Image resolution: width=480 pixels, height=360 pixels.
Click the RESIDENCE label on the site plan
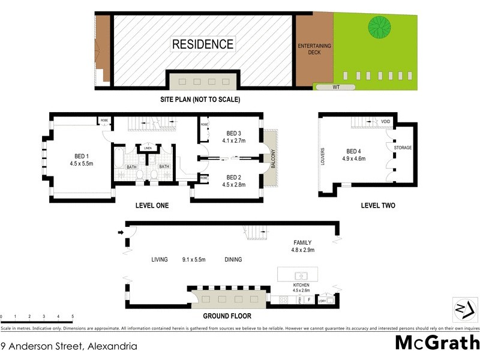click(x=202, y=44)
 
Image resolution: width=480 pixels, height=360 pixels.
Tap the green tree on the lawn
click(x=380, y=26)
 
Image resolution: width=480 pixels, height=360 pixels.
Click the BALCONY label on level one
click(x=273, y=158)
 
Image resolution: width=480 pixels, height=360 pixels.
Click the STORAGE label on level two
click(x=403, y=147)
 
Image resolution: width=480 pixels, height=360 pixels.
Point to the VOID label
click(x=386, y=122)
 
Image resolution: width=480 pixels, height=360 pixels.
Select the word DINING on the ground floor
click(x=233, y=260)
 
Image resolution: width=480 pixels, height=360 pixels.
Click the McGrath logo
click(x=437, y=343)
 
